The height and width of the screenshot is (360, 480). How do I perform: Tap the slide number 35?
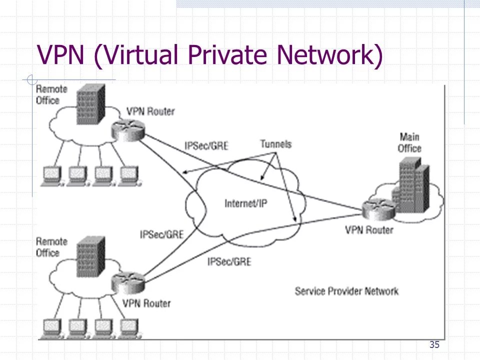[434, 344]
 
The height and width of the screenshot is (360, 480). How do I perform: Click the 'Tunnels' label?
[275, 144]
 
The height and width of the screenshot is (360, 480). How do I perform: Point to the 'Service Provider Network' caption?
[346, 291]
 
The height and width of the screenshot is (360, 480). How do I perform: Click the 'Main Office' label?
[409, 142]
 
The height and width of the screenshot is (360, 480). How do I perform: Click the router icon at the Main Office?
[374, 210]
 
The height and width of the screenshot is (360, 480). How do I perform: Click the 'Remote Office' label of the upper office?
[51, 94]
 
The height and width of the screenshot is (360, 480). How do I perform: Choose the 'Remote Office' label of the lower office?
[51, 247]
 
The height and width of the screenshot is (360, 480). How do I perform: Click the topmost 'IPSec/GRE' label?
[206, 146]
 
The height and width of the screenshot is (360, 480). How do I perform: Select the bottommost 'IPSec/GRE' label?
[229, 261]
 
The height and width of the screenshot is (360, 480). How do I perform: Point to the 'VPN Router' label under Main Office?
[369, 230]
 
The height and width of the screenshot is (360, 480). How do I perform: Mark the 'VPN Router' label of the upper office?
[150, 111]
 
